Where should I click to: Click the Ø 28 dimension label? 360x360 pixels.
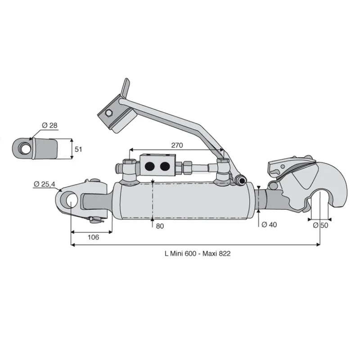(x=49, y=126)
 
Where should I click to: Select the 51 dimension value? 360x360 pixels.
(x=78, y=149)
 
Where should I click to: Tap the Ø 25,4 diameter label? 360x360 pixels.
(x=45, y=184)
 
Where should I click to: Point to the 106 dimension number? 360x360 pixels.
(x=93, y=237)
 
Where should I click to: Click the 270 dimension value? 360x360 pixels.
(x=177, y=145)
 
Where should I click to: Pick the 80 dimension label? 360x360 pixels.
(x=160, y=226)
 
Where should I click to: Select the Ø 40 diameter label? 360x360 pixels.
(x=269, y=225)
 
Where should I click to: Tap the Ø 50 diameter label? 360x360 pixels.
(x=320, y=225)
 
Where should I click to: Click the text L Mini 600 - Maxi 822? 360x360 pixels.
(x=198, y=253)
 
